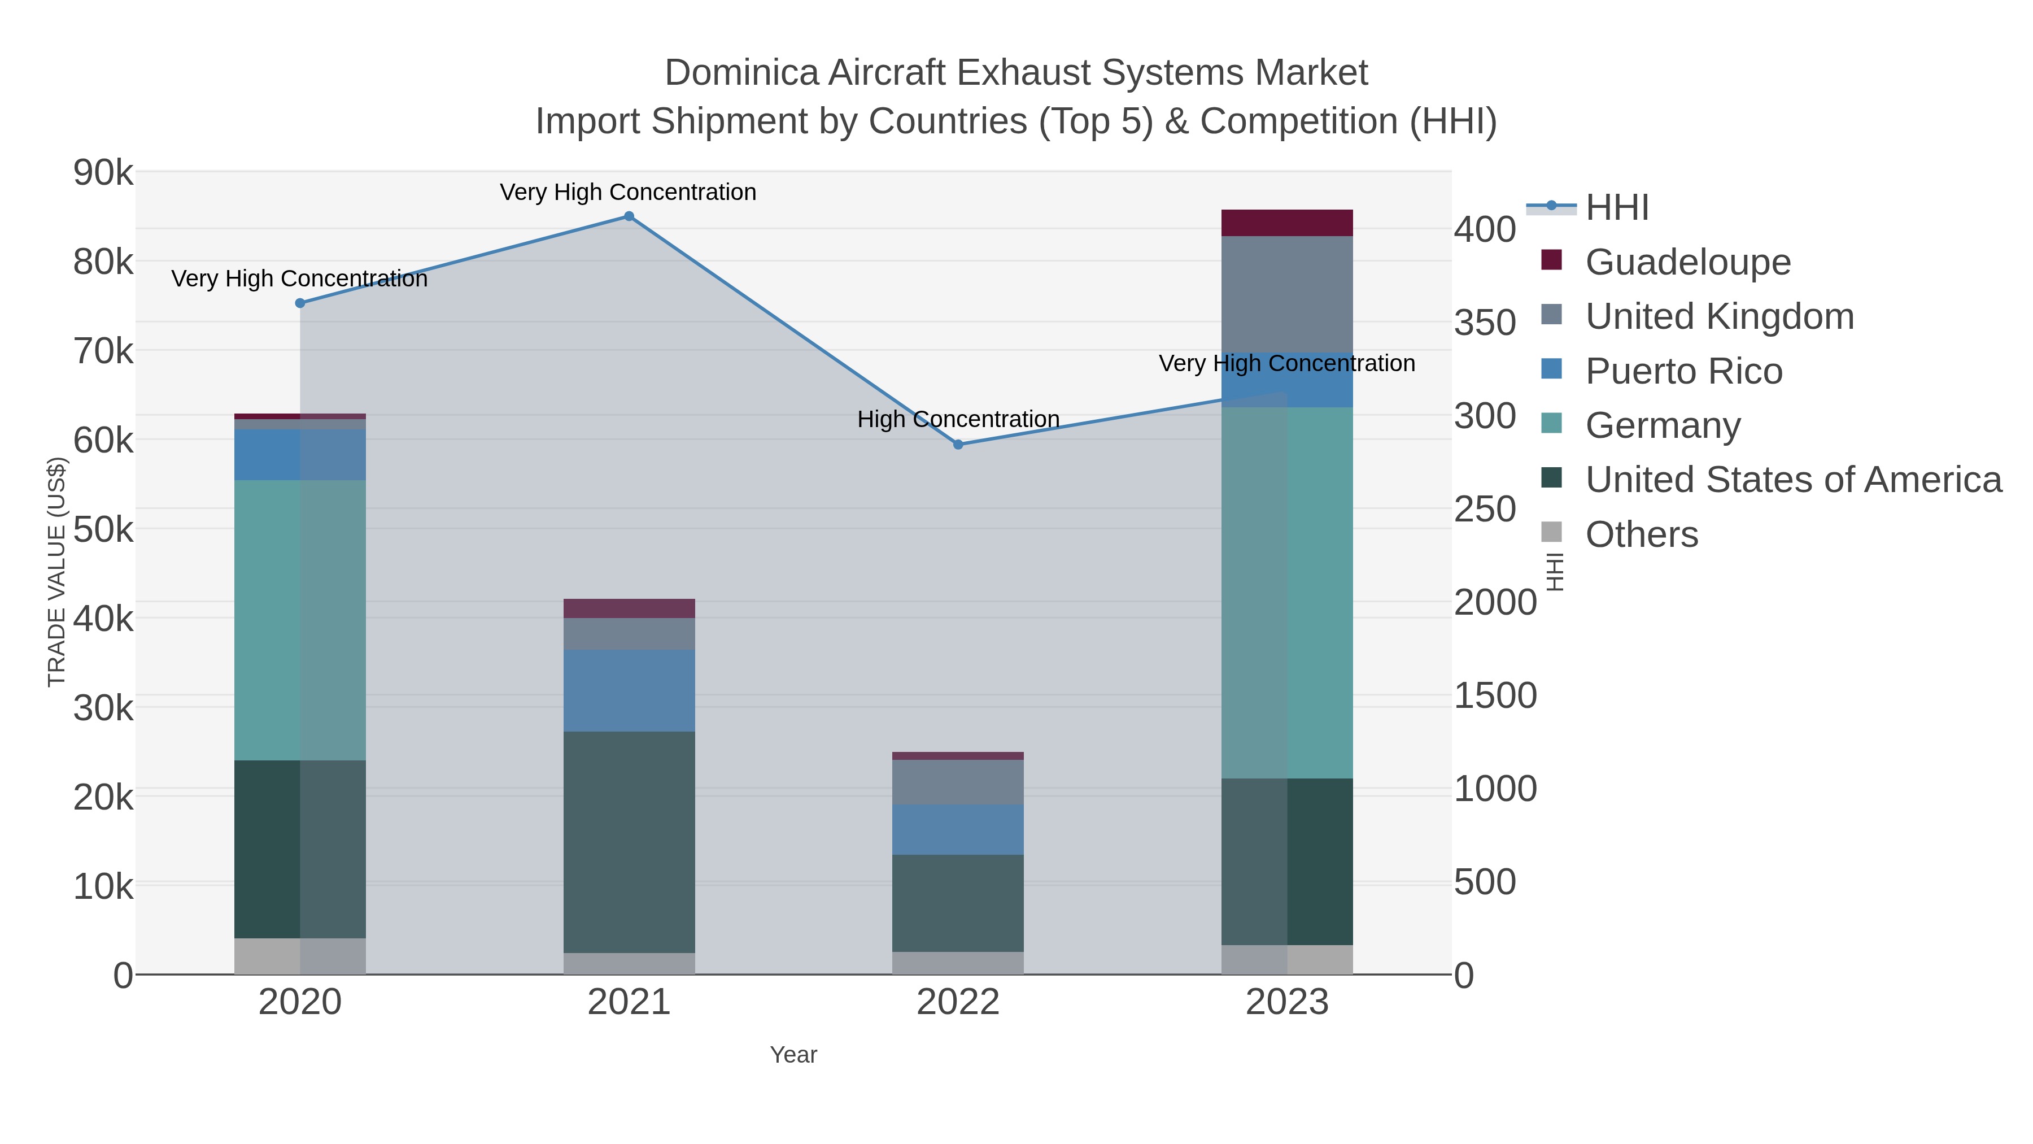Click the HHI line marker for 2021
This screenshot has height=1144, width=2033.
(629, 216)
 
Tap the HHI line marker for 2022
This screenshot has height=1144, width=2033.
(958, 445)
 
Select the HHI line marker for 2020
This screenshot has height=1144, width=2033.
(300, 303)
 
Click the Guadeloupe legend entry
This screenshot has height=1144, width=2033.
(1687, 262)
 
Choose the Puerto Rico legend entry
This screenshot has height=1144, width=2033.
(1683, 371)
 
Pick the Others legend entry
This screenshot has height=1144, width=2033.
(1642, 534)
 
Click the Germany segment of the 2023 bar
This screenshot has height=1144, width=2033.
(1287, 592)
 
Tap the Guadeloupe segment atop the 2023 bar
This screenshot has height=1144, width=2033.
(1287, 223)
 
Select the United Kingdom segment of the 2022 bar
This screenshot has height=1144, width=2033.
(958, 782)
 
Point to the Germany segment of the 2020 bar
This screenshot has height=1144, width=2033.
(300, 620)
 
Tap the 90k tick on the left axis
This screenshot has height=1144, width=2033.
(103, 172)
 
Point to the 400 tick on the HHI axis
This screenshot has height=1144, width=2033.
(1485, 230)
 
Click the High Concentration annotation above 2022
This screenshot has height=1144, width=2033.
(958, 419)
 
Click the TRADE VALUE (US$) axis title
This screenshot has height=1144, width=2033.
(57, 572)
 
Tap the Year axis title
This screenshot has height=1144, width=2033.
(793, 1055)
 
